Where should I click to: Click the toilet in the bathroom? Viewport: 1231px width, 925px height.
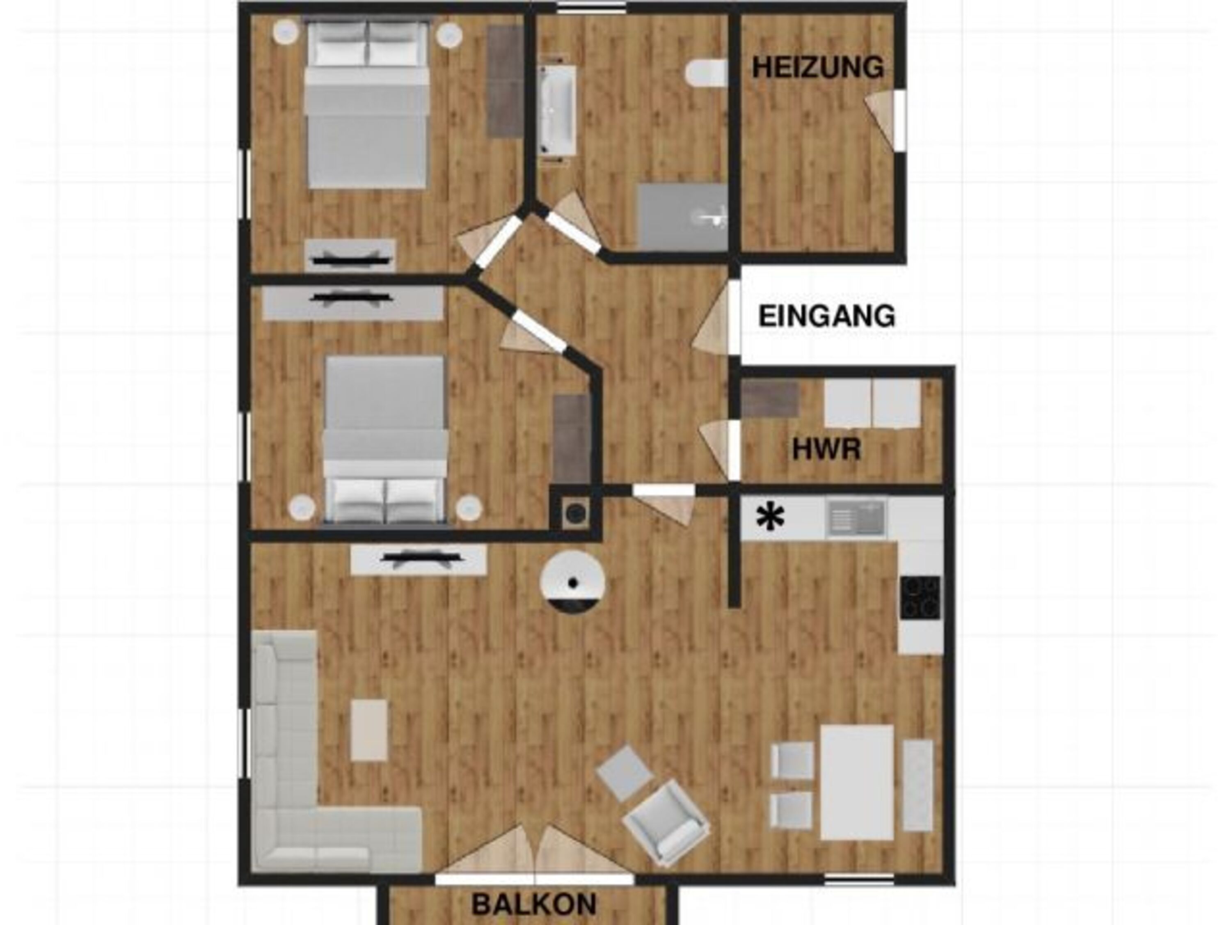[706, 73]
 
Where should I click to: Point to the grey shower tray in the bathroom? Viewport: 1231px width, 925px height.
[683, 218]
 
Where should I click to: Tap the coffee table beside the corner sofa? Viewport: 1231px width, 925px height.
[369, 730]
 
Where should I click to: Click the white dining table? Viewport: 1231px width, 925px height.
[857, 782]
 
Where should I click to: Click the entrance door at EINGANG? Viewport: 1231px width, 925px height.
[718, 317]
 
